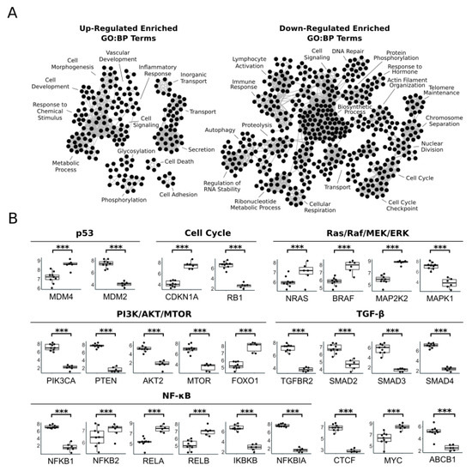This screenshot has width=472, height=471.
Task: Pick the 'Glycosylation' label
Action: (124, 148)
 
